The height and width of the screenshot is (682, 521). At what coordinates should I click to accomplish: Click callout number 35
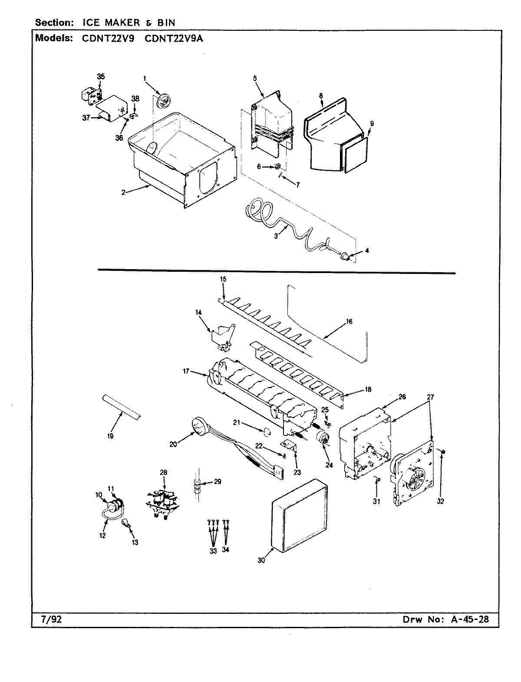(x=101, y=76)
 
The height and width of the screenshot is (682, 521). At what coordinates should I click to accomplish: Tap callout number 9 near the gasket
(x=372, y=123)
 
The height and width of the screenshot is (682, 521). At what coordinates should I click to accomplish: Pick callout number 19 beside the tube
(x=110, y=436)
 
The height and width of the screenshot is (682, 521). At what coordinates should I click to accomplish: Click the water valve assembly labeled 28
(x=162, y=501)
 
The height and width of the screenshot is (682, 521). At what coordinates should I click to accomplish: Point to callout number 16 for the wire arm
(x=349, y=322)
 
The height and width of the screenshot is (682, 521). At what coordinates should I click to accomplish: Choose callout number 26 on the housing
(x=402, y=397)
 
